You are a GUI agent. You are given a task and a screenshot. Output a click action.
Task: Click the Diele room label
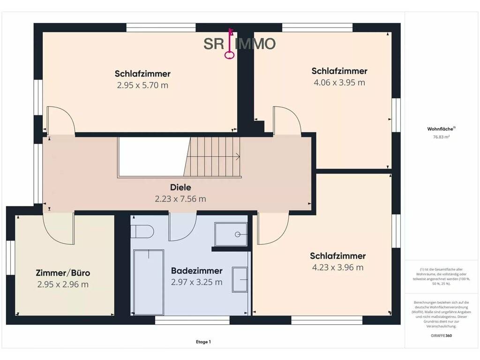tap(180, 187)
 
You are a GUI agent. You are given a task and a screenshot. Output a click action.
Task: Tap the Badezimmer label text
tap(196, 270)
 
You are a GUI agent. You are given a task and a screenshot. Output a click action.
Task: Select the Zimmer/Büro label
tap(63, 273)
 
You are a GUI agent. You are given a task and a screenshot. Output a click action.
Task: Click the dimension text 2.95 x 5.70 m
tap(142, 85)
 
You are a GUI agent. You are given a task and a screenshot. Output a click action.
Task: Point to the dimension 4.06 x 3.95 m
tap(339, 82)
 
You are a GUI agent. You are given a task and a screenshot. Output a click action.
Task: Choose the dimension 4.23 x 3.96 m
tap(337, 267)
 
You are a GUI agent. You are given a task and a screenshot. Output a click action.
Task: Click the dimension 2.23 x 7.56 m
tap(180, 199)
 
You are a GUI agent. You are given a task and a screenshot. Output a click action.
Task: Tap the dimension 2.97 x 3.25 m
tap(196, 282)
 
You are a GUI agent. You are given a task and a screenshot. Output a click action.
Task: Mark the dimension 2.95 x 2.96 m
tap(63, 285)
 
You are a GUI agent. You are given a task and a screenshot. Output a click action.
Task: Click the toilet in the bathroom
tap(142, 232)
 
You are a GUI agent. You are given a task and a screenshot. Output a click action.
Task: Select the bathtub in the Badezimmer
tap(149, 282)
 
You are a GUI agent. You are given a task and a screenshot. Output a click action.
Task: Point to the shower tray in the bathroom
tap(231, 234)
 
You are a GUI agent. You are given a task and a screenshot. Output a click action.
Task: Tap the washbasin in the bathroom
tap(240, 279)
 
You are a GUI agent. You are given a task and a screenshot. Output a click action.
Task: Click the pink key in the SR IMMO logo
tap(230, 44)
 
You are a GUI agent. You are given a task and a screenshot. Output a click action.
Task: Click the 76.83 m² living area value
tap(441, 137)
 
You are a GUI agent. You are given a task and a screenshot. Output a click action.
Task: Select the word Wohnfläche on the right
tap(440, 129)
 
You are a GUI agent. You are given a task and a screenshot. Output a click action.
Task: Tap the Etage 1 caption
tap(203, 342)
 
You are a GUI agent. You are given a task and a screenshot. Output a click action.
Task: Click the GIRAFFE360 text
tap(441, 336)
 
